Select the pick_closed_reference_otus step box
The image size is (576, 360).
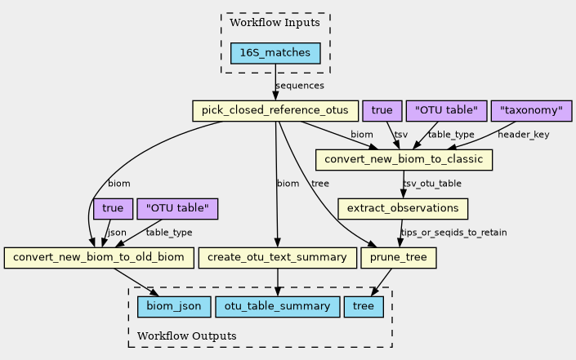point(275,110)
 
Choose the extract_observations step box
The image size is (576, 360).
point(402,209)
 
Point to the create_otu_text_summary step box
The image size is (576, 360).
point(278,259)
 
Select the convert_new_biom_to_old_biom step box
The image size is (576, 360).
point(98,259)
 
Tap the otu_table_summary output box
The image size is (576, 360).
point(278,307)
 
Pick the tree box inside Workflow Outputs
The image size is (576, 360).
point(364,307)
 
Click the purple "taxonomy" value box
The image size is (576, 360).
point(531,110)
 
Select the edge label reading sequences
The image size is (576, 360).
point(300,86)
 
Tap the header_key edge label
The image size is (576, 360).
point(524,135)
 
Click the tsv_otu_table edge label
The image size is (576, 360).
point(432,184)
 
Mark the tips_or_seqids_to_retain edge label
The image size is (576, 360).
point(453,233)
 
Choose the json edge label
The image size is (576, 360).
point(117,233)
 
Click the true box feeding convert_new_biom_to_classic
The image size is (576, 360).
point(381,110)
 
